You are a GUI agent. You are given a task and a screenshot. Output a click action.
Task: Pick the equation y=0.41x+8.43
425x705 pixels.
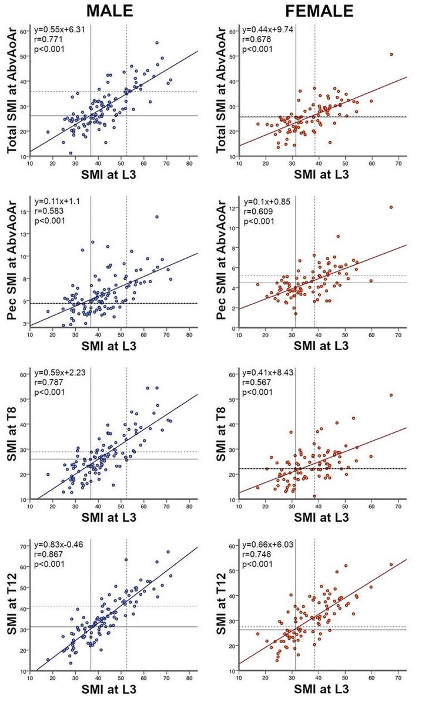point(269,372)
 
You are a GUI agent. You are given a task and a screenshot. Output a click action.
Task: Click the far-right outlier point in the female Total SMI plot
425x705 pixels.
point(391,54)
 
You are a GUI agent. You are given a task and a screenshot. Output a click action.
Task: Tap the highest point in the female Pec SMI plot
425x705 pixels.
point(391,207)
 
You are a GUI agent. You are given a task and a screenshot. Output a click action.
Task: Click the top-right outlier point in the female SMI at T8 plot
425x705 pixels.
point(391,395)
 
